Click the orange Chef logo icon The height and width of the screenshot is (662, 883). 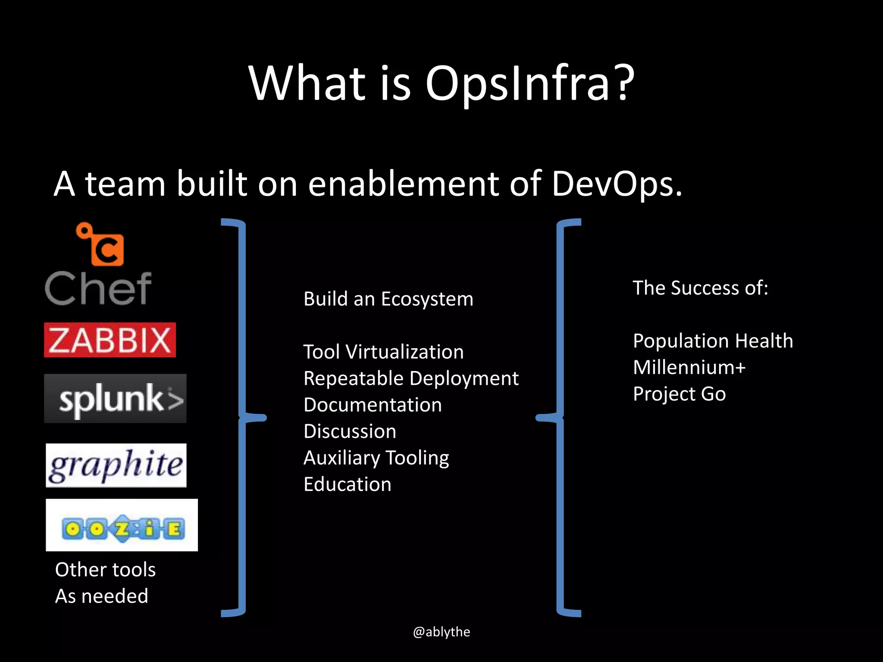[102, 245]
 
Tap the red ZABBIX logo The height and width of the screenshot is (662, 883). [110, 340]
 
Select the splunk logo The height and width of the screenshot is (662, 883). [116, 399]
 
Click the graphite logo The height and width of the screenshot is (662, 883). [116, 465]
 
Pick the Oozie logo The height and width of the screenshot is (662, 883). [122, 525]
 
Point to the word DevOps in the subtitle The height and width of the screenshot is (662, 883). [617, 184]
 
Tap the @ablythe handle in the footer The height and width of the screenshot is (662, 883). [441, 632]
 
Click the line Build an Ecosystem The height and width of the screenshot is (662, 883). [388, 299]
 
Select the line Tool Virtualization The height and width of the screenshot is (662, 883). [383, 352]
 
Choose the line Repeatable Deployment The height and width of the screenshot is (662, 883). [411, 378]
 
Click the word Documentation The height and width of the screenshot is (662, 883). [373, 405]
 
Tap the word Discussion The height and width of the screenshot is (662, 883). [350, 431]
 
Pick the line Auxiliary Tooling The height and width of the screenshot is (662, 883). [376, 458]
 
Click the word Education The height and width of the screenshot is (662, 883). [347, 484]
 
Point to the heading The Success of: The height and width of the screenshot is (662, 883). [700, 288]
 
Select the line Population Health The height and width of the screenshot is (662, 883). [713, 341]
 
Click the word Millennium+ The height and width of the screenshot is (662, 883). [689, 368]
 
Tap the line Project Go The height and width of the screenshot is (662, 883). [679, 394]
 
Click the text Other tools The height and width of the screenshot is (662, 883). [105, 570]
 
